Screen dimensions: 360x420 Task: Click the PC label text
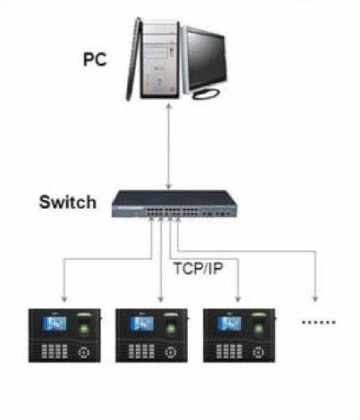point(95,59)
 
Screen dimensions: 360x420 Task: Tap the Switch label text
point(68,202)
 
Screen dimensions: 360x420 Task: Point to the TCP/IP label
point(198,268)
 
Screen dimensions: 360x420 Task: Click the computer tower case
point(159,61)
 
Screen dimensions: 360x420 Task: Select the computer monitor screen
point(206,61)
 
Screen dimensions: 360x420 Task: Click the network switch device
point(175,204)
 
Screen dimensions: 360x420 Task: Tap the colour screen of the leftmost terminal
point(54,324)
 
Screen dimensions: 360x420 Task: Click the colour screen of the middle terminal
point(142,324)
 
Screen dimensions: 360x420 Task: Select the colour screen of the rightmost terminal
point(229,324)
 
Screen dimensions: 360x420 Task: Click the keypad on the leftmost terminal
point(54,352)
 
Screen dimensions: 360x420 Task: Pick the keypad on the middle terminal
point(141,352)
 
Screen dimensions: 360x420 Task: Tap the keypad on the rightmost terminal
point(229,352)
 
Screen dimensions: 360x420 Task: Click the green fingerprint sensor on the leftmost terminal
point(84,328)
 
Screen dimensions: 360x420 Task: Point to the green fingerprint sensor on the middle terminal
point(171,328)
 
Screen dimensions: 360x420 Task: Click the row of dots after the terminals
point(319,322)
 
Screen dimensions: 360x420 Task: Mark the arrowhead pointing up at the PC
point(169,107)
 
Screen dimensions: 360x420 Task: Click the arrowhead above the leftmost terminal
point(64,300)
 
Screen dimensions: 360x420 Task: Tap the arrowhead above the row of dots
point(315,299)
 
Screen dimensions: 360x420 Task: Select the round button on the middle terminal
point(171,352)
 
